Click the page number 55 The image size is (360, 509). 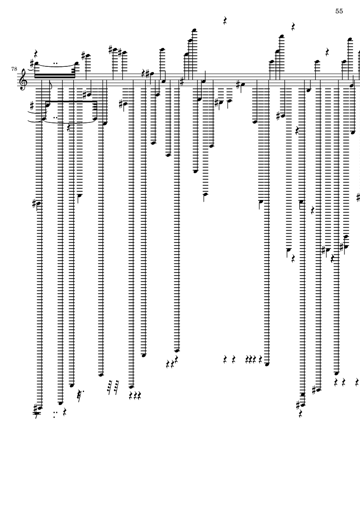339,12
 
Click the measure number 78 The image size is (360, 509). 15,69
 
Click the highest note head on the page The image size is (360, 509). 194,30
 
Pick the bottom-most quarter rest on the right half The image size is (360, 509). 301,413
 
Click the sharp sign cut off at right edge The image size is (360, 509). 358,198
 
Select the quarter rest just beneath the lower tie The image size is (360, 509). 69,127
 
